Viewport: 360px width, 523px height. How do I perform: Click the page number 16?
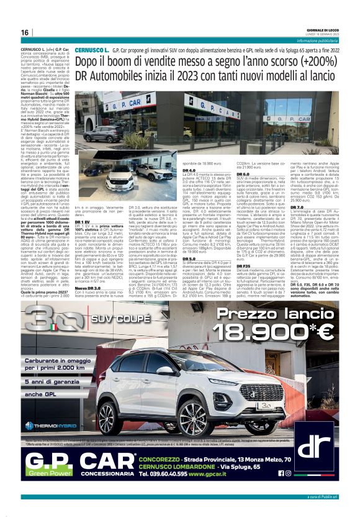(x=25, y=32)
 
